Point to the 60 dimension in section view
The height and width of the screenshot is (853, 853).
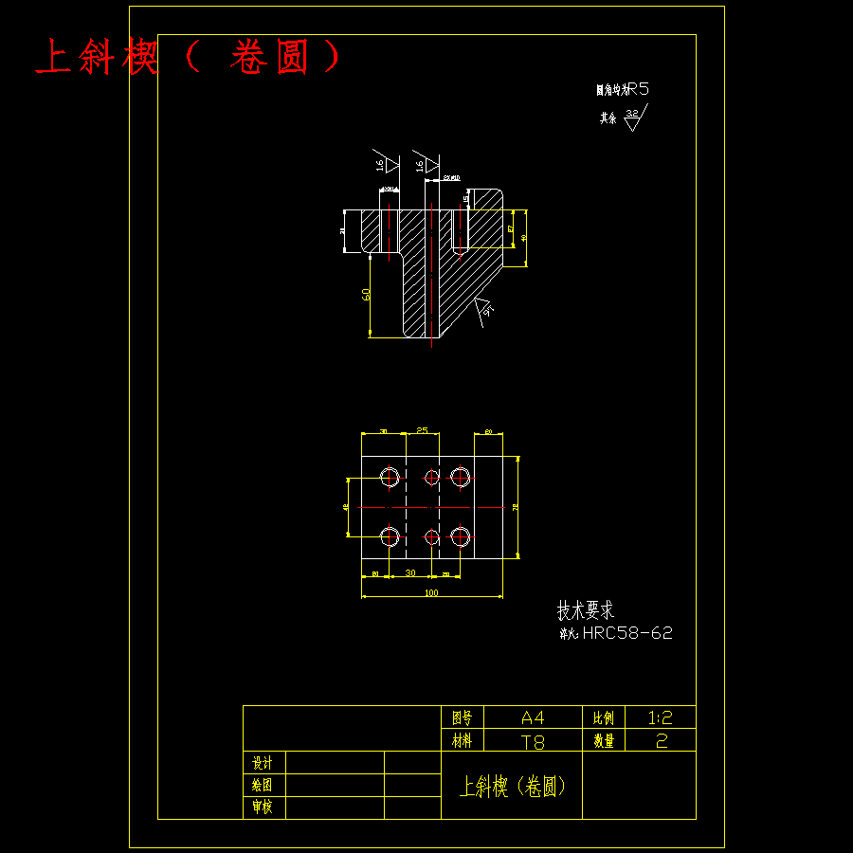[366, 295]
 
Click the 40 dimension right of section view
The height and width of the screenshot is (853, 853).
[524, 239]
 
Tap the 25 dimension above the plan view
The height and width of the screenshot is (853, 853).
[422, 430]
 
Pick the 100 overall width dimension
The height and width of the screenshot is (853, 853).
[431, 592]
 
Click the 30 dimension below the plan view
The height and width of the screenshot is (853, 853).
[409, 573]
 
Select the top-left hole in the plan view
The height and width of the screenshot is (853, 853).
[390, 476]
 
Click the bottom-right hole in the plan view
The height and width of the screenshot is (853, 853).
[461, 536]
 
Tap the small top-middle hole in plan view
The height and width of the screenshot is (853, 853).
[432, 476]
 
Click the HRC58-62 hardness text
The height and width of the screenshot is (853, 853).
[626, 633]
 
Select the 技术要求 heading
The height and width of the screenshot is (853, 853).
[585, 610]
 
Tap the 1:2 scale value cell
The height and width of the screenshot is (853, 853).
[661, 717]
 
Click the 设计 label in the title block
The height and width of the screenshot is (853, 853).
[263, 763]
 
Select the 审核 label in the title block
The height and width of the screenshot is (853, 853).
[263, 808]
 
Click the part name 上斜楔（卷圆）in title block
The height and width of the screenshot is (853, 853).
[512, 786]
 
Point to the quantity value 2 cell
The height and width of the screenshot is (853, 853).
[661, 741]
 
